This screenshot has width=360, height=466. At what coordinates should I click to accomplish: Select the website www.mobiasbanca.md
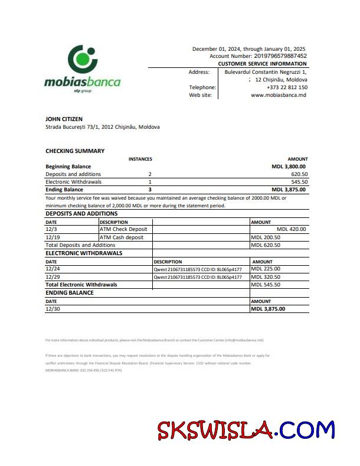coord(279,94)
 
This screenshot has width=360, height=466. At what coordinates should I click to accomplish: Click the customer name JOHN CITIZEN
coord(64,119)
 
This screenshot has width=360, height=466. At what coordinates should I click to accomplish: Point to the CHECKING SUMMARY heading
coord(75,151)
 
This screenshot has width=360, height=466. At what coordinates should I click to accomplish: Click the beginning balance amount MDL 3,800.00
coord(289,167)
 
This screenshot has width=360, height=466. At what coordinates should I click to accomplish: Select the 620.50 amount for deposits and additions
coord(299,174)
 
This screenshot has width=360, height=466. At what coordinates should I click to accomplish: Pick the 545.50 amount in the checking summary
coord(299,182)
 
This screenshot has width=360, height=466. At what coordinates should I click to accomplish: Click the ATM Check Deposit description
coord(123,229)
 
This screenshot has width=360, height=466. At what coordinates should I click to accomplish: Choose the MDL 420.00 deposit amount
coord(291,229)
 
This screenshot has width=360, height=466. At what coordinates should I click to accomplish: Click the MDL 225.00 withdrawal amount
coord(266,269)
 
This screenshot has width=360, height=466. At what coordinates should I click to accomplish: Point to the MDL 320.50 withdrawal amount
coord(266,276)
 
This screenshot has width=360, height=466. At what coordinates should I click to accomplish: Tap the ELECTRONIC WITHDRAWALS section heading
coord(84,253)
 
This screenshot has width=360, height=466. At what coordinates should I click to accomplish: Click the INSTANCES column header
coord(140,159)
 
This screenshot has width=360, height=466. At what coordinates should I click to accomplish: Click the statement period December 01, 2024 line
coord(248,48)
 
